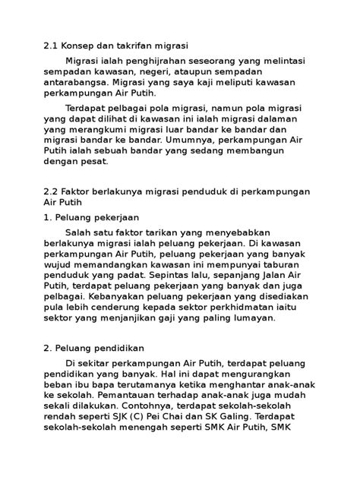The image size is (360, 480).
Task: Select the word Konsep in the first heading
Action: [x=84, y=45]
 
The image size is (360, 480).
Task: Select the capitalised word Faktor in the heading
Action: [x=86, y=192]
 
